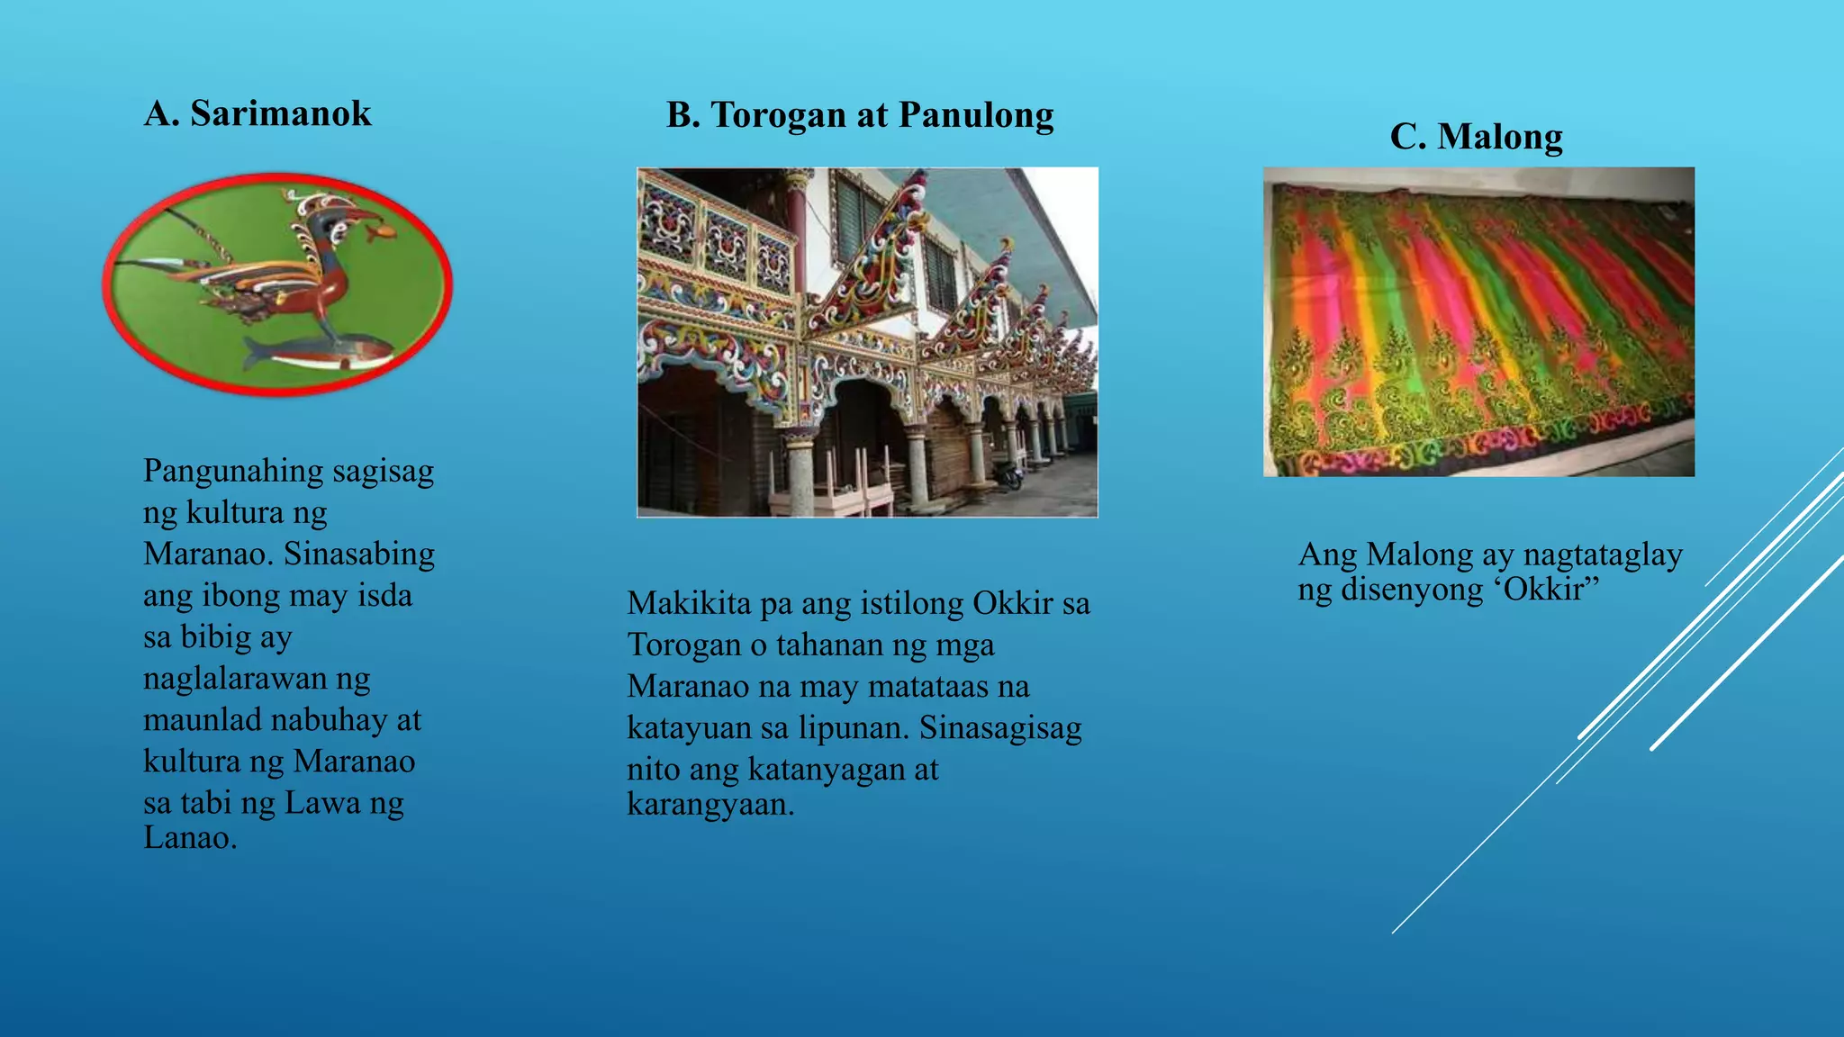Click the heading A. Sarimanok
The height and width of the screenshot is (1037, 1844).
tap(258, 114)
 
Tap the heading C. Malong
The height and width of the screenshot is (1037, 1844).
tap(1476, 138)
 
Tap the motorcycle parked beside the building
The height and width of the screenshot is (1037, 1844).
tap(1010, 475)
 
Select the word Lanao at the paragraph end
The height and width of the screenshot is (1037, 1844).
tap(189, 838)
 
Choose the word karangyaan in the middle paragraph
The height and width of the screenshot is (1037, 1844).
tap(710, 804)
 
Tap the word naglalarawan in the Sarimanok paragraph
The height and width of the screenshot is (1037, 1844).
tap(234, 679)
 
